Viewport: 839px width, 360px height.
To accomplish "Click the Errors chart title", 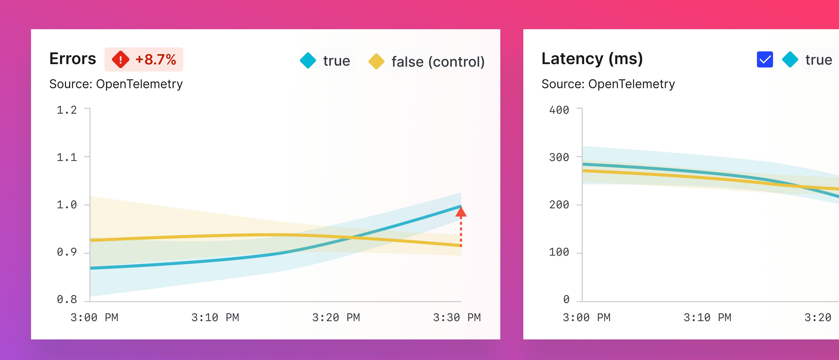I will pyautogui.click(x=73, y=59).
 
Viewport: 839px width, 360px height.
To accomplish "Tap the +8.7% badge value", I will pyautogui.click(x=156, y=60).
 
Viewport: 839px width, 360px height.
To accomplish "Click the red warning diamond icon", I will pyautogui.click(x=120, y=60).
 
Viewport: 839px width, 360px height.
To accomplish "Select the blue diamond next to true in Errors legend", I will pyautogui.click(x=308, y=61).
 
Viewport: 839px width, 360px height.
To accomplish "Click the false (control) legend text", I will pyautogui.click(x=438, y=62).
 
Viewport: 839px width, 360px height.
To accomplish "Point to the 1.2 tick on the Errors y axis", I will pyautogui.click(x=67, y=110).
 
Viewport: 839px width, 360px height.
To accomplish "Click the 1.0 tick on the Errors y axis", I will pyautogui.click(x=67, y=205).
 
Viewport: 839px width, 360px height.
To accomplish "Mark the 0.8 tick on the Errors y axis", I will pyautogui.click(x=67, y=299).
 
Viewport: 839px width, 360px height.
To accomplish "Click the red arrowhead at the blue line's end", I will pyautogui.click(x=461, y=212).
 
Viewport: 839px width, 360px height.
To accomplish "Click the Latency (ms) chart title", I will pyautogui.click(x=592, y=59).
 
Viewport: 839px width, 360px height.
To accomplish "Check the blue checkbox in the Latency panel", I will pyautogui.click(x=765, y=60).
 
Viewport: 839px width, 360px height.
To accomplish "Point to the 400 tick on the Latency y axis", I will pyautogui.click(x=559, y=110).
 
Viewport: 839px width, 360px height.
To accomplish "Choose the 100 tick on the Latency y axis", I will pyautogui.click(x=559, y=252).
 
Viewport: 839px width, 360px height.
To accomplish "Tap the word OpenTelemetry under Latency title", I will pyautogui.click(x=631, y=84).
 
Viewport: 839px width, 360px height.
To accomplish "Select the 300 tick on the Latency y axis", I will pyautogui.click(x=559, y=157).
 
